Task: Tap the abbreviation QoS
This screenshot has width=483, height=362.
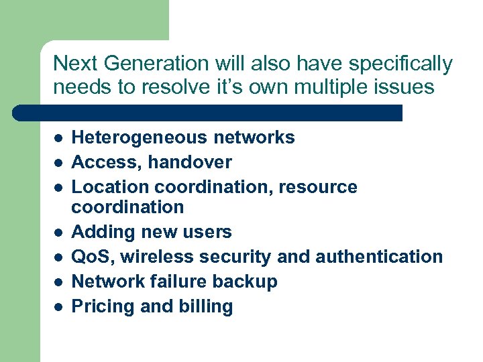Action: coord(90,257)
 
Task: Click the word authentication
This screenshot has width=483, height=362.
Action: coord(379,257)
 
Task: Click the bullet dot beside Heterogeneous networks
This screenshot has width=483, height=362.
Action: coord(58,138)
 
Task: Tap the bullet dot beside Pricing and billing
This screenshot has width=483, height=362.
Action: coord(58,307)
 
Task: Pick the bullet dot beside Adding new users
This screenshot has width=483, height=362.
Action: coord(58,233)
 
